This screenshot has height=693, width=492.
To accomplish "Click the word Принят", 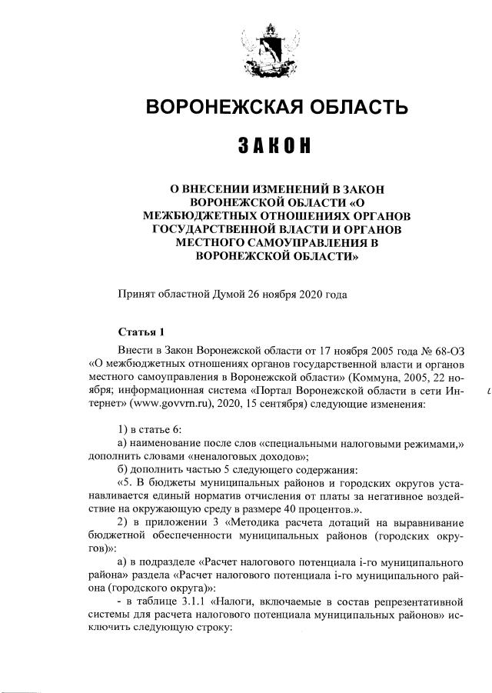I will click(136, 294).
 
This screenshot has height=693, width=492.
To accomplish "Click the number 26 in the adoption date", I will click(261, 294).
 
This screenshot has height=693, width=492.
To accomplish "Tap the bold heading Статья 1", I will click(141, 332).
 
